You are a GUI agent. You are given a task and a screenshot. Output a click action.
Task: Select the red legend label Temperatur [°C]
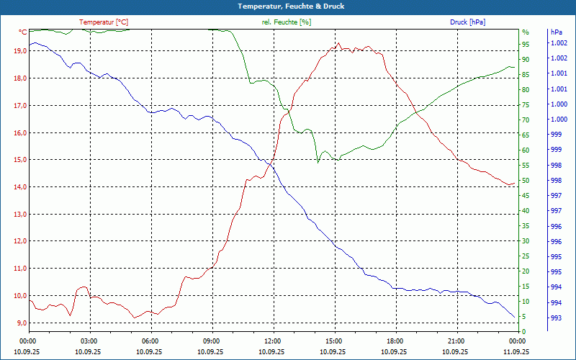pyautogui.click(x=104, y=22)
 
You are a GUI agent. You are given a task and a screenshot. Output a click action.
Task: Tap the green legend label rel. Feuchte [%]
pyautogui.click(x=287, y=22)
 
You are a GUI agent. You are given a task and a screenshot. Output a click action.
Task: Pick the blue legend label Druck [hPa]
pyautogui.click(x=467, y=22)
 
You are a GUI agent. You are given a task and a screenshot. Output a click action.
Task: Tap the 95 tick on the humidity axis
pyautogui.click(x=526, y=44)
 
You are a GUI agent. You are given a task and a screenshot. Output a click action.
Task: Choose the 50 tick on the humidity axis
pyautogui.click(x=526, y=181)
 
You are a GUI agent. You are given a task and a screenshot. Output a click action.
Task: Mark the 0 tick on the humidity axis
pyautogui.click(x=524, y=332)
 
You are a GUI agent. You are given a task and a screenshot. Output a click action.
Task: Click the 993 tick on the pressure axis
pyautogui.click(x=556, y=318)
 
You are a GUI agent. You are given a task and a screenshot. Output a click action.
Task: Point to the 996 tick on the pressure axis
pyautogui.click(x=556, y=226)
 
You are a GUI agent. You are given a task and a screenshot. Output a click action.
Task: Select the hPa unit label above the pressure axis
pyautogui.click(x=556, y=32)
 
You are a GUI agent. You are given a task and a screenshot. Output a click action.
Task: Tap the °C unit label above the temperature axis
pyautogui.click(x=23, y=32)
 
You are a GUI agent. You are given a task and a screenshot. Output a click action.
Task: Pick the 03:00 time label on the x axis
pyautogui.click(x=89, y=341)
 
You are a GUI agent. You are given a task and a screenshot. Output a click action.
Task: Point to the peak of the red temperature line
pyautogui.click(x=338, y=43)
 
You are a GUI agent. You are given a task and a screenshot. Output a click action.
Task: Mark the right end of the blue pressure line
pyautogui.click(x=515, y=318)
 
